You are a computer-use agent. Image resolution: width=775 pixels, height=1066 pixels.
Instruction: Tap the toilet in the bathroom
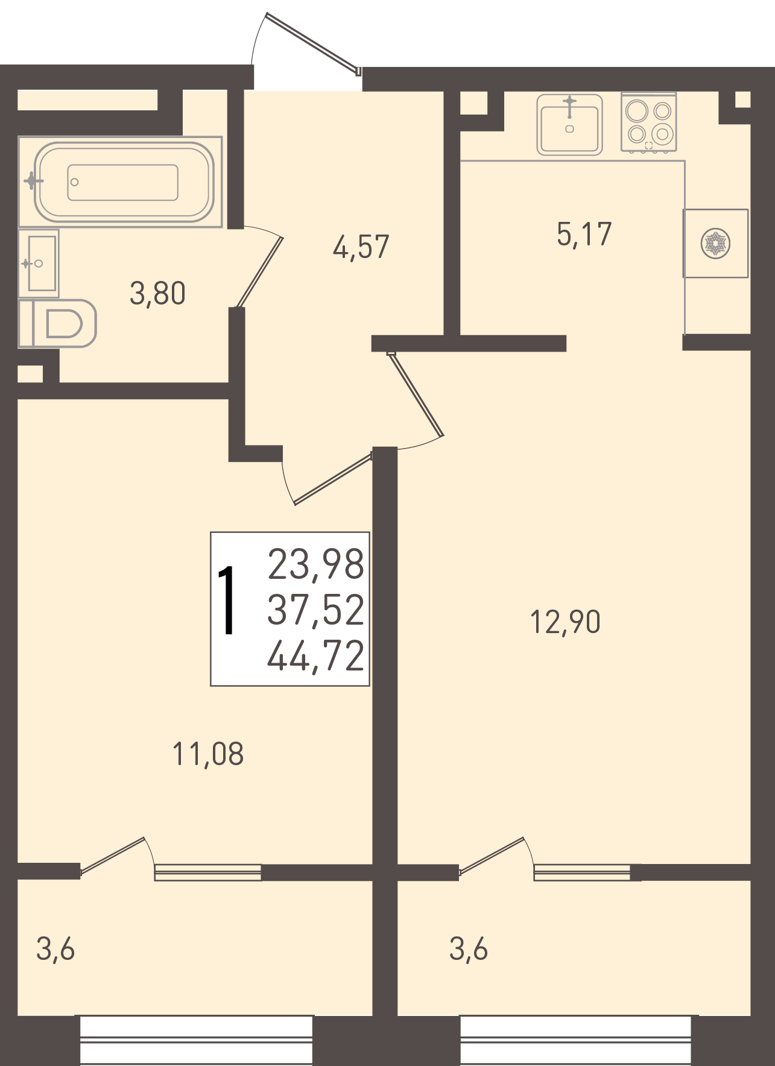[58, 323]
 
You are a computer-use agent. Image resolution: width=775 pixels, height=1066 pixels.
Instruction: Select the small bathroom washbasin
[39, 263]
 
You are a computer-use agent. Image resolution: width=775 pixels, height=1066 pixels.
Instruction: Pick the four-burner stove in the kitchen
[649, 122]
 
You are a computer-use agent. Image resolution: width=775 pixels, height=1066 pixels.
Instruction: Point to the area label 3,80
[157, 294]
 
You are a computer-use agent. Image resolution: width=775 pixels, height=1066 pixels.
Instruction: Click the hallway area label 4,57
[361, 247]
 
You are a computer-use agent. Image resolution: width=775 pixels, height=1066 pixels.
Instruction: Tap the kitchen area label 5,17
[584, 235]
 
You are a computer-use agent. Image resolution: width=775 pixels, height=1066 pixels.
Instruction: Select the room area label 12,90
[565, 622]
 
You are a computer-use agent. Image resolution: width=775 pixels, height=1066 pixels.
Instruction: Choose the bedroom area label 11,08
[208, 754]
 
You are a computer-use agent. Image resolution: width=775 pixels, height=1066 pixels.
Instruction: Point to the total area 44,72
[316, 656]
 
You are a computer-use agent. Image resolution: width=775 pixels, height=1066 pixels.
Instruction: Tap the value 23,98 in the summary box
[316, 564]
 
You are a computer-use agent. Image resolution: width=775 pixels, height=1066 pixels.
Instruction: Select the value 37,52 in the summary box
[316, 610]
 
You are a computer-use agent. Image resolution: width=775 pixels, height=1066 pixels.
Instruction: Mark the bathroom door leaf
[259, 273]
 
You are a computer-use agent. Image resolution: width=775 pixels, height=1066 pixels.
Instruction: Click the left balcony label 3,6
[55, 949]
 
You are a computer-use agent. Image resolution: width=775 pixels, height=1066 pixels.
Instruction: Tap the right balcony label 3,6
[469, 949]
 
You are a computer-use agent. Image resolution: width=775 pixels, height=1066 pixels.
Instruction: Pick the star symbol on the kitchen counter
[715, 244]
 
